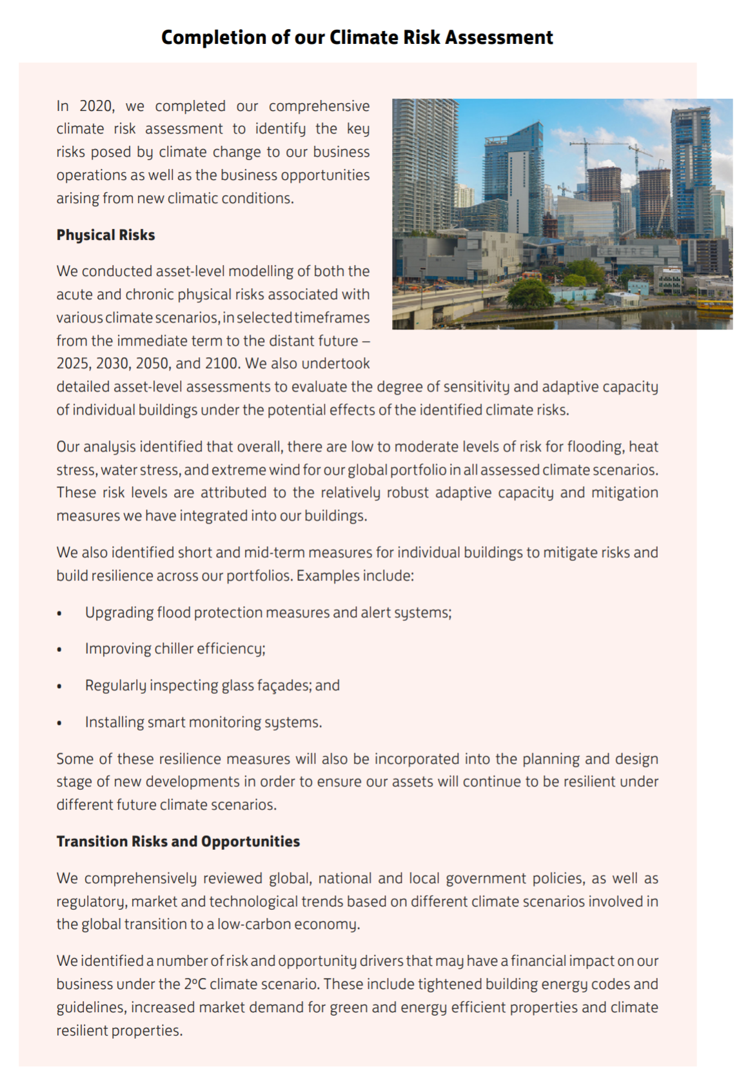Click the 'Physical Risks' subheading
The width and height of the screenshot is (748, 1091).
(106, 235)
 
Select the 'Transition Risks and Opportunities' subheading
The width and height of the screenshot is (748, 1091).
(178, 841)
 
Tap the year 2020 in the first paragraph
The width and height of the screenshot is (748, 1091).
(96, 106)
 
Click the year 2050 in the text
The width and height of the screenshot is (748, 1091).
(152, 364)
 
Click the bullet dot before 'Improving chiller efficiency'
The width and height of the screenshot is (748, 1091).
(59, 649)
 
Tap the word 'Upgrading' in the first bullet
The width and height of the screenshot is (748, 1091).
(119, 613)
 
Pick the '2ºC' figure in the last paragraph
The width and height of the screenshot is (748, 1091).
(195, 985)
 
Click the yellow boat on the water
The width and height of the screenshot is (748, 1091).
(714, 306)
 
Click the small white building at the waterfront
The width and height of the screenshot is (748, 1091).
(622, 299)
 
